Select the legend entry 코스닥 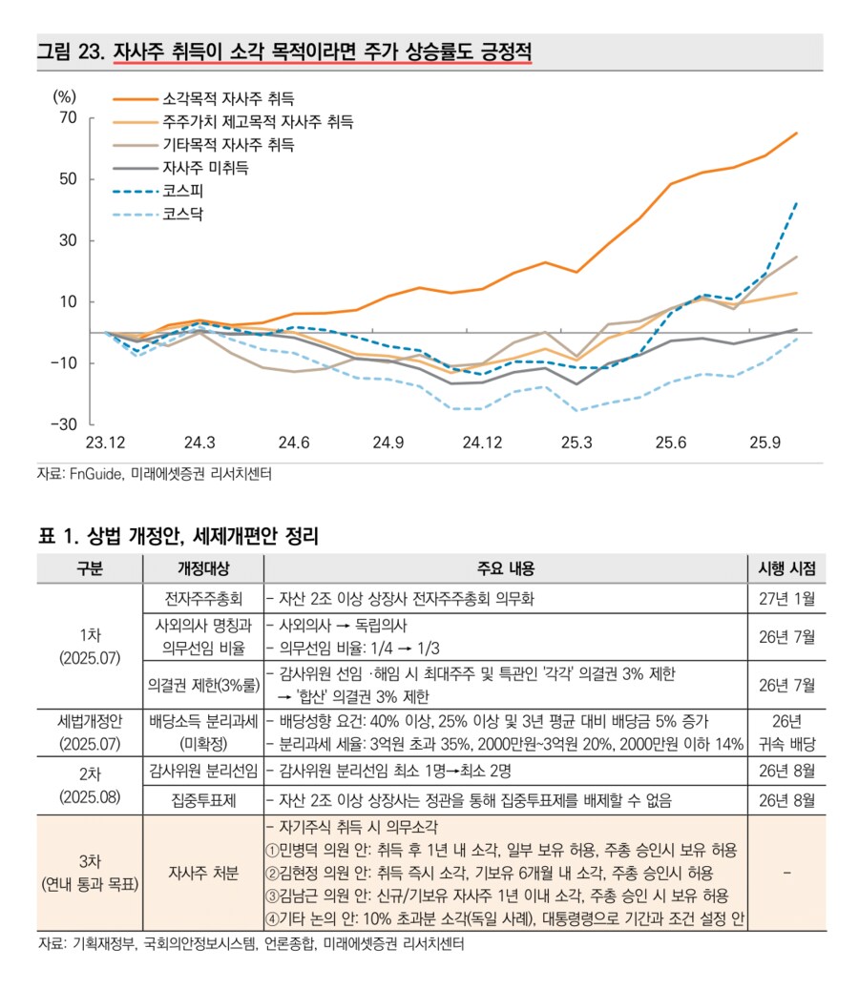(183, 214)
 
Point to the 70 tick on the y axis (67, 117)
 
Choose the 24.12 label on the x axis (481, 443)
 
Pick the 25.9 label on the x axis (765, 443)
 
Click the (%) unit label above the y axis (65, 94)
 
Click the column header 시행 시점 (786, 568)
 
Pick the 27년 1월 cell (786, 599)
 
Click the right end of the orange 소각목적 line (797, 134)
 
